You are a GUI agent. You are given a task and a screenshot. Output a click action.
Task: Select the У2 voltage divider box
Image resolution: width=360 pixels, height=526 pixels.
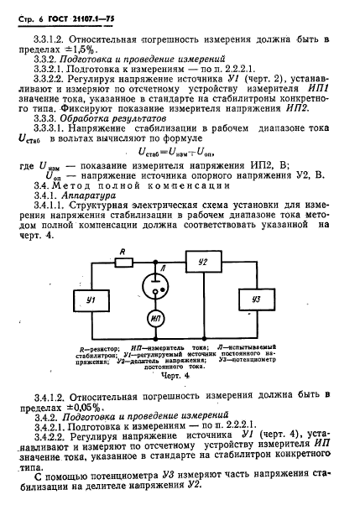point(202,262)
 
